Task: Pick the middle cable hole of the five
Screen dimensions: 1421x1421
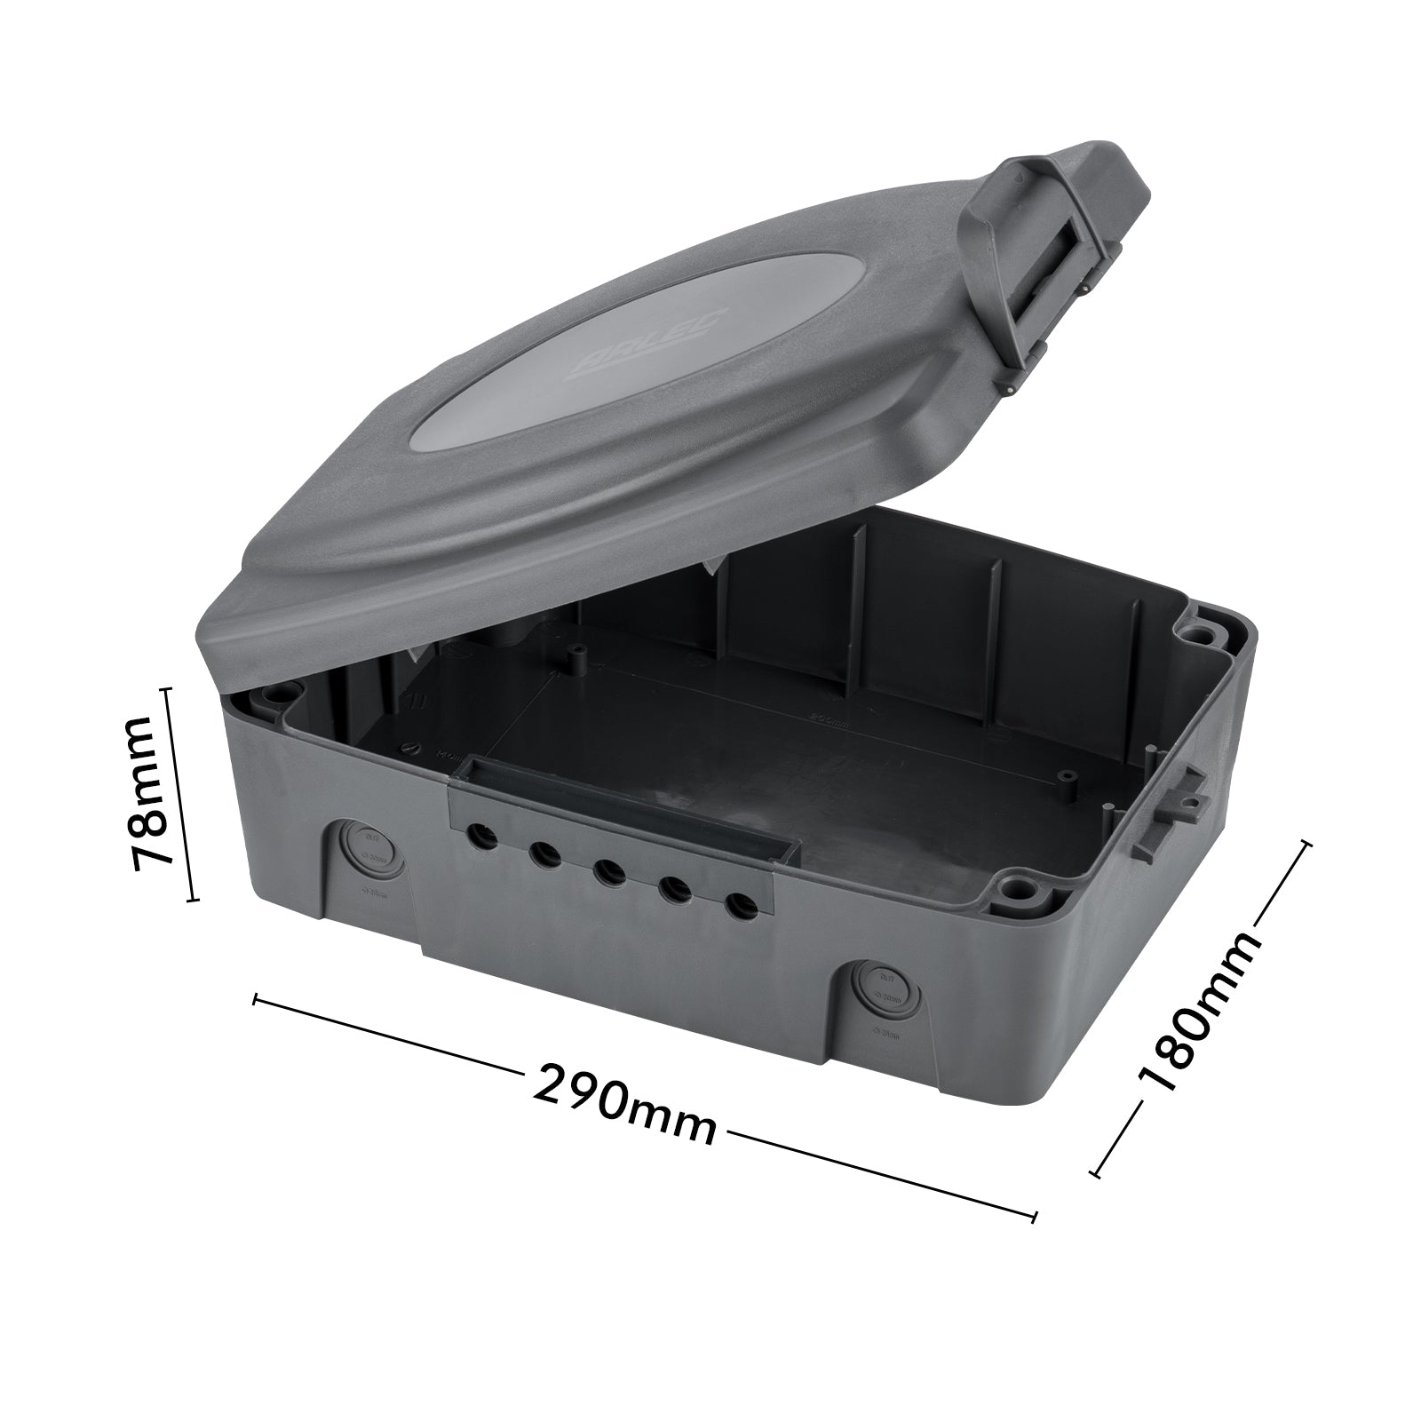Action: point(607,871)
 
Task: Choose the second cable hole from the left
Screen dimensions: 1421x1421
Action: point(544,854)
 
